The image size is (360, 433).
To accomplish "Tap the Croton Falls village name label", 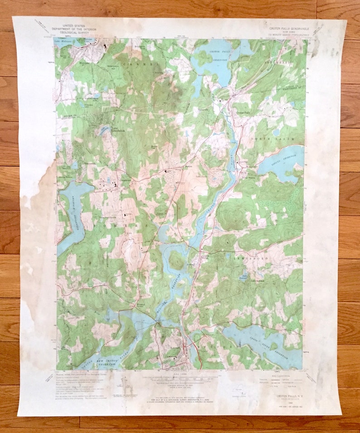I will click(x=244, y=112).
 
